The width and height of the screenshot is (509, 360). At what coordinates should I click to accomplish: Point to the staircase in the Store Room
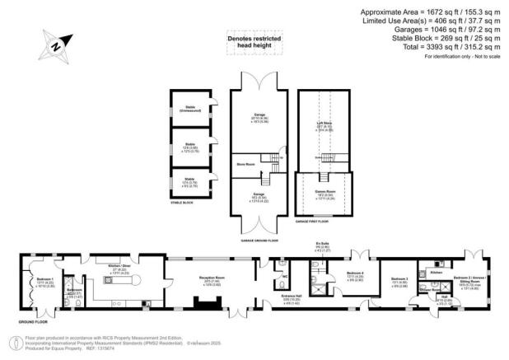269,158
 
